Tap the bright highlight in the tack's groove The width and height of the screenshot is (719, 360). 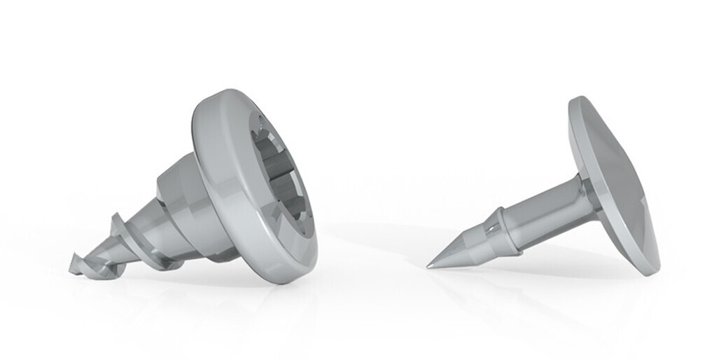point(494,226)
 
